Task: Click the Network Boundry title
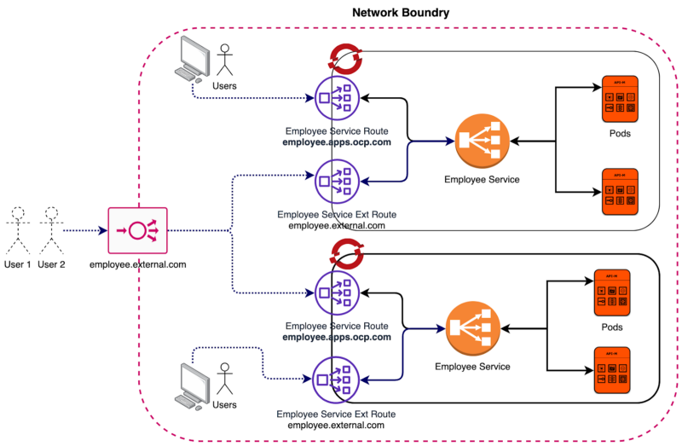tap(401, 13)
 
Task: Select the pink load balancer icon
tap(138, 230)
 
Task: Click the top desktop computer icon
tap(194, 61)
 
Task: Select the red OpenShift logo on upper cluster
tap(344, 58)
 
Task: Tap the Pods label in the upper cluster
tap(620, 134)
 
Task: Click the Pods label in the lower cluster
tap(611, 327)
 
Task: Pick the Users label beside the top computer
tap(224, 86)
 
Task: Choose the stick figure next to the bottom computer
tap(225, 380)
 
